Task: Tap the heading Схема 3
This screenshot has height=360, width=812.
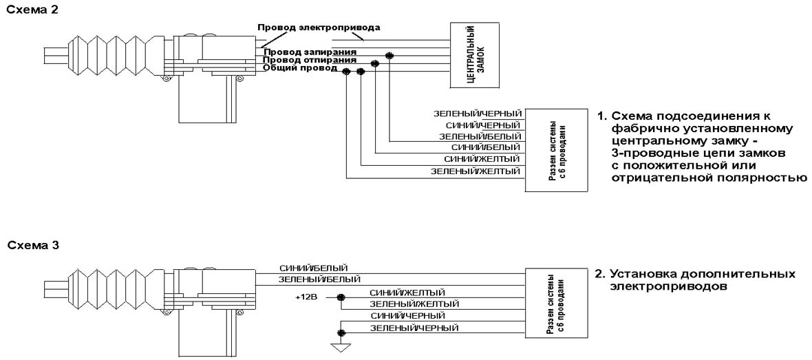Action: (24, 245)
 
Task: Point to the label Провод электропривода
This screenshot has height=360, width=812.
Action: (319, 28)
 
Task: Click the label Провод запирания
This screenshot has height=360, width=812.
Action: (307, 52)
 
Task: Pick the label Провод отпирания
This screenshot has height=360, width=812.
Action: (307, 60)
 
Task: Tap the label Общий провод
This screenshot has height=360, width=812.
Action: (297, 68)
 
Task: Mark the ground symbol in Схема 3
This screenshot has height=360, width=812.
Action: (339, 346)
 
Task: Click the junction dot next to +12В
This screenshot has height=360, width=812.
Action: (340, 298)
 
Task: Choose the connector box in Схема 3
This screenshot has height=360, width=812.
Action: (555, 301)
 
